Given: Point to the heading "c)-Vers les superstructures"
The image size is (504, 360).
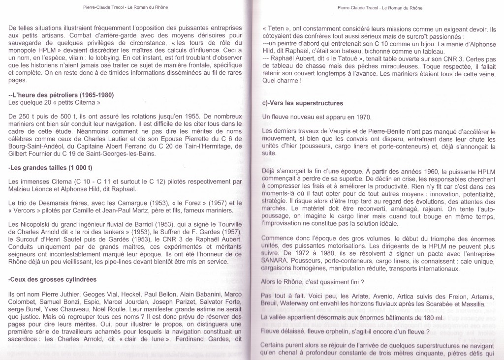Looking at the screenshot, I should (304, 103).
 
